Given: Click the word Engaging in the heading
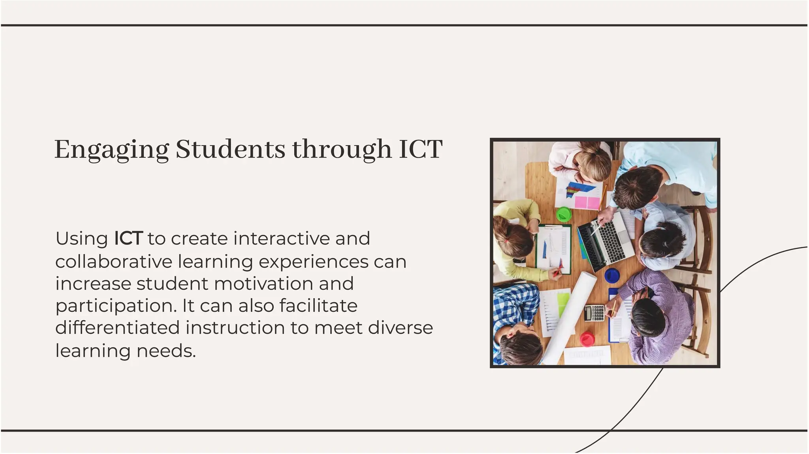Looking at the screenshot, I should pyautogui.click(x=111, y=150).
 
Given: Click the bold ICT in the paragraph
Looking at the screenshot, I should pyautogui.click(x=128, y=238).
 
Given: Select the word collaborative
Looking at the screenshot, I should pyautogui.click(x=114, y=261).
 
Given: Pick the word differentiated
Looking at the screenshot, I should pyautogui.click(x=117, y=328).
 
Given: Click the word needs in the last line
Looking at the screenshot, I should pyautogui.click(x=166, y=351).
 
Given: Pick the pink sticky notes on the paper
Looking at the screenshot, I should pyautogui.click(x=587, y=202).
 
